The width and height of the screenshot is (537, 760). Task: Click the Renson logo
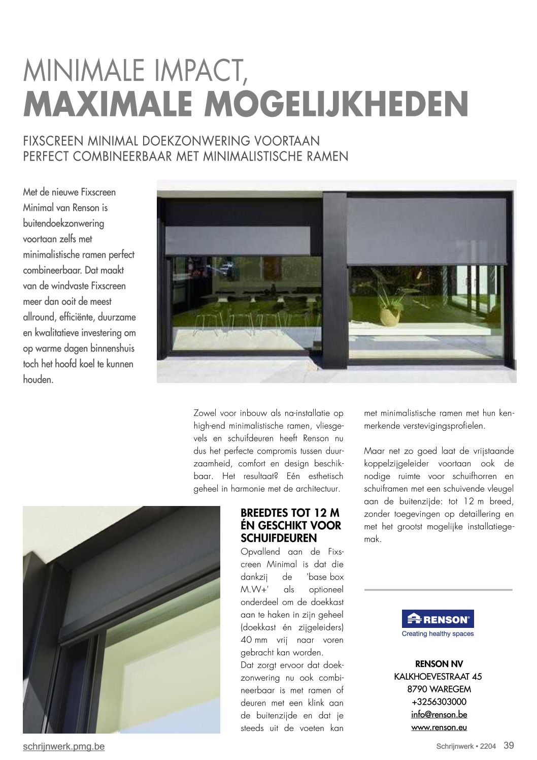click(x=438, y=619)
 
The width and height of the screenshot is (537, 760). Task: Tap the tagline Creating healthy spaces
click(x=438, y=634)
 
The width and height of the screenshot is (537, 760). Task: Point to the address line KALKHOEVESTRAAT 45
click(x=438, y=676)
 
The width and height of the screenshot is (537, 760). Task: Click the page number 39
click(x=509, y=745)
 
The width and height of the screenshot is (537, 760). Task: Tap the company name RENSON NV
click(x=439, y=663)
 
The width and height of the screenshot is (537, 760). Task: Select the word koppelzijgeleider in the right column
click(x=394, y=463)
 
